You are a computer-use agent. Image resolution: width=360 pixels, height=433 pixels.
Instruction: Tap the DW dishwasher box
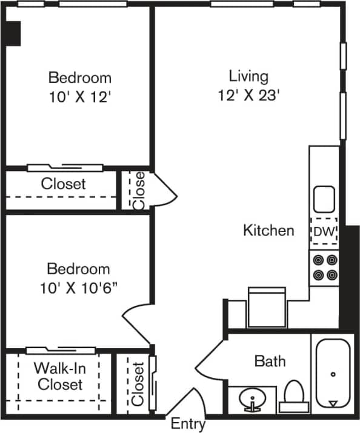(324, 231)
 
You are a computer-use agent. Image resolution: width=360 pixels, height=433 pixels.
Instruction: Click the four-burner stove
(324, 267)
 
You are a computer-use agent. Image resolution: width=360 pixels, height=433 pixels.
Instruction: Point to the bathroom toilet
(294, 395)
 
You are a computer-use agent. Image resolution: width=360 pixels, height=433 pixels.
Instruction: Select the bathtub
(333, 374)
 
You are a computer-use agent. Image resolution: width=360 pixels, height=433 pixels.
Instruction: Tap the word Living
(248, 76)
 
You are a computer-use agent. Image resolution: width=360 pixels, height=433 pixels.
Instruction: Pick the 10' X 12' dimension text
(79, 97)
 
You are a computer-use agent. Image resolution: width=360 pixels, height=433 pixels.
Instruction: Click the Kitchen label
(268, 230)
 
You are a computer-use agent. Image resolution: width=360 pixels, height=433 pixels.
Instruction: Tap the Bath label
(270, 362)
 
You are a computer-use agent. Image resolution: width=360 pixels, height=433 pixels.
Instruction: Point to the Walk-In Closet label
(58, 376)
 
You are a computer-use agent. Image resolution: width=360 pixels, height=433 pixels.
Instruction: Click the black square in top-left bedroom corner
(13, 33)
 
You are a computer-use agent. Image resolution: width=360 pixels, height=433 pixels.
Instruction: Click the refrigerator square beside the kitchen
(266, 306)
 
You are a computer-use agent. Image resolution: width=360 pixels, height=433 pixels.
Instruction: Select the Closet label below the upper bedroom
(63, 183)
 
